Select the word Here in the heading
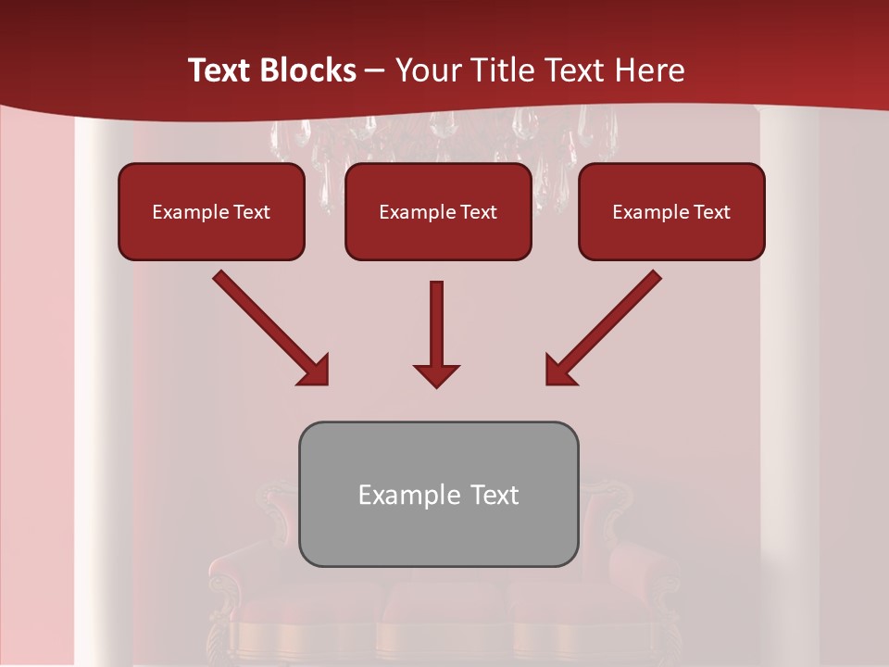tap(648, 70)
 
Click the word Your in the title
tap(424, 70)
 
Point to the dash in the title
tap(375, 71)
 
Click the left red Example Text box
tap(211, 211)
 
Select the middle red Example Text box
tap(438, 211)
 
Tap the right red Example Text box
tap(671, 211)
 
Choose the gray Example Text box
tap(438, 494)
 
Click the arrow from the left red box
tap(269, 326)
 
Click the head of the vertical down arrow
tap(436, 374)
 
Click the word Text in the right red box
tap(711, 212)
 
